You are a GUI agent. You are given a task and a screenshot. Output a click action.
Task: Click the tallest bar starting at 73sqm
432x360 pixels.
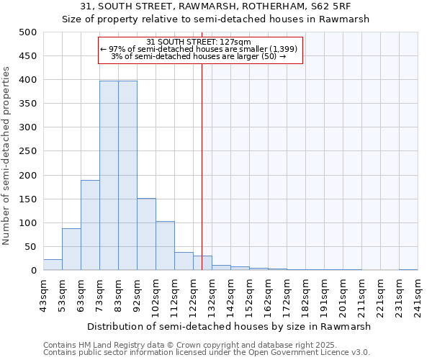coord(109,176)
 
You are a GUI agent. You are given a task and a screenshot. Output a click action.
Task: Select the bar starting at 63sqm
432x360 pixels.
coord(90,225)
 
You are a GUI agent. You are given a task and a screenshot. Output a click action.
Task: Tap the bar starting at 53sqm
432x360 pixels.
coord(71,249)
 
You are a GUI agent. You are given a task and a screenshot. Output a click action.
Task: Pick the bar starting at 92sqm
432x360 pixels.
coord(146,234)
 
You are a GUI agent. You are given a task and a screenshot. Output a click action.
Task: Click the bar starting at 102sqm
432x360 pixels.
coord(165,246)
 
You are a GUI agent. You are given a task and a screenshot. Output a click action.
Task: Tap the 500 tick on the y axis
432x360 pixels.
coord(27,32)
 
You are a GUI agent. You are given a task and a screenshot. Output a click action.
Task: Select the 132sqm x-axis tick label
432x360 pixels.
coord(212,294)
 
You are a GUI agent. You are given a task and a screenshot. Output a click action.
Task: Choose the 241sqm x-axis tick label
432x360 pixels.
coord(418,294)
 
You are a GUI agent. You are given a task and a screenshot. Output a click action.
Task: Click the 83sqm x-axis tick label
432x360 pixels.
coord(118,294)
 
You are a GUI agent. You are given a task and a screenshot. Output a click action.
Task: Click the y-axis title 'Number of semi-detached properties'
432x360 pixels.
coord(7,155)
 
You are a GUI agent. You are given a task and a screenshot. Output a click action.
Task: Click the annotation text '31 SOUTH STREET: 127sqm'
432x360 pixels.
coord(198,42)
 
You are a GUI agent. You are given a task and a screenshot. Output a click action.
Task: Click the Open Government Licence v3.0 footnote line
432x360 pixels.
coord(207,353)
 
